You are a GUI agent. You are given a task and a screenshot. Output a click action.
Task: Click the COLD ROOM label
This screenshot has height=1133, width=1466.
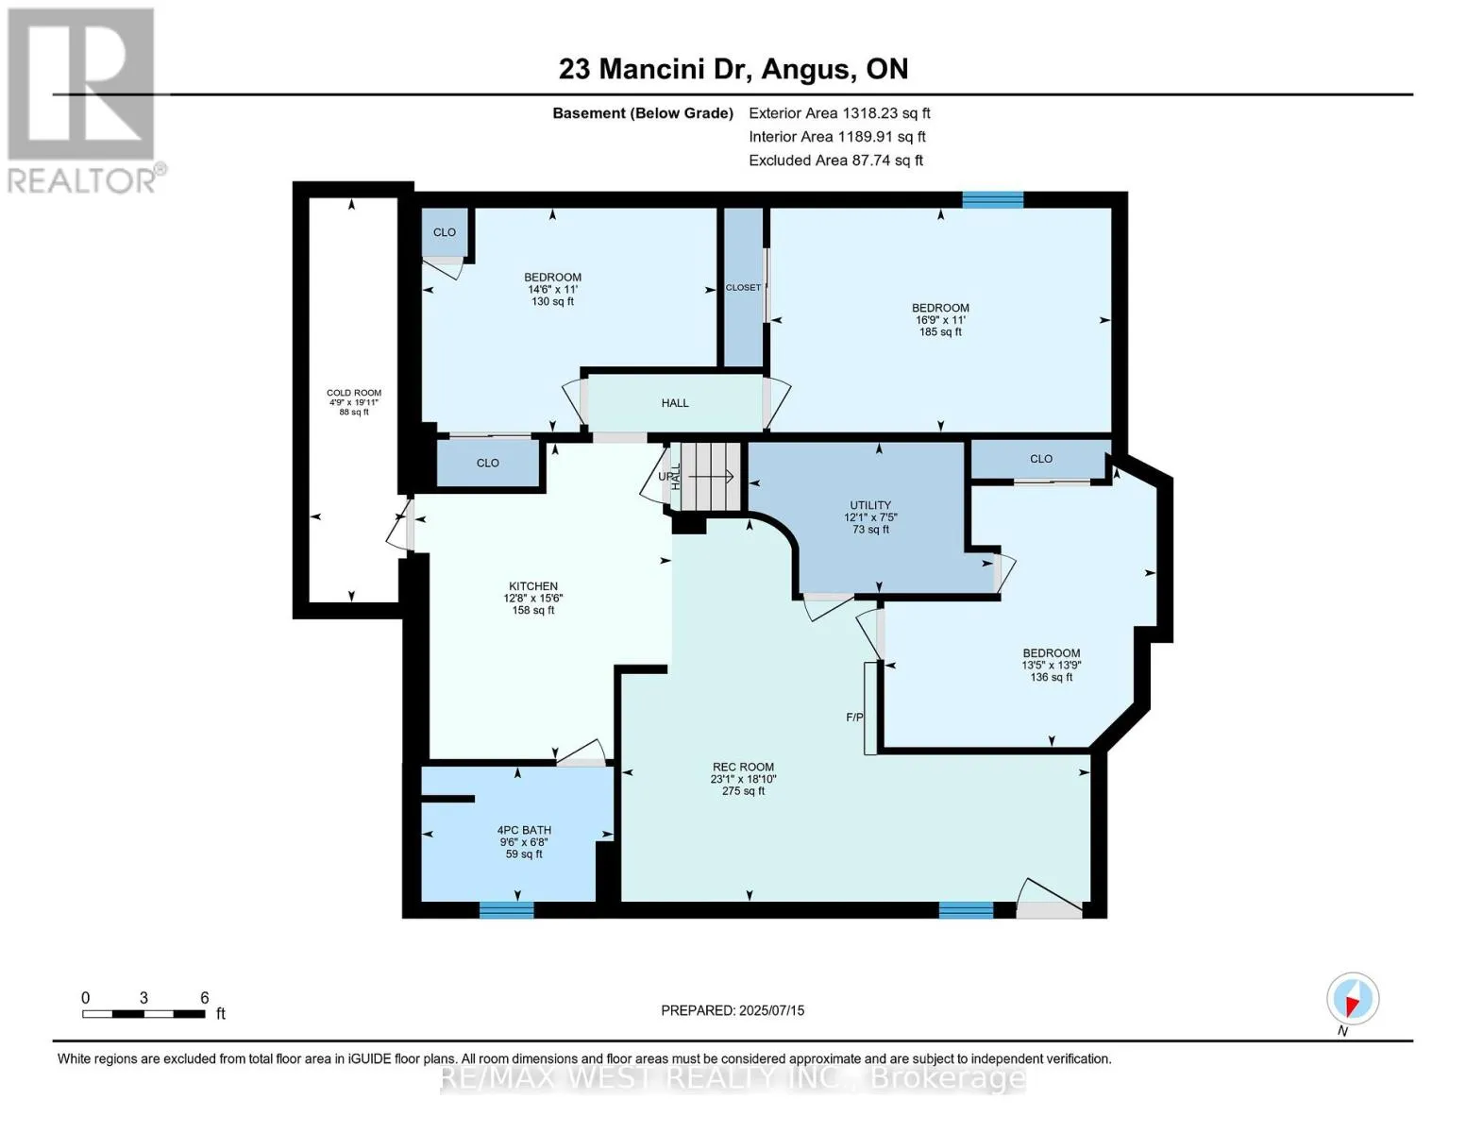pyautogui.click(x=354, y=393)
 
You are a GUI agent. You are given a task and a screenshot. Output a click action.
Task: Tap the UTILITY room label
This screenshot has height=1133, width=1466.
pyautogui.click(x=870, y=505)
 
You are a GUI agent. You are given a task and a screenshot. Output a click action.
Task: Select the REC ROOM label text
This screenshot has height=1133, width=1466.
pyautogui.click(x=743, y=767)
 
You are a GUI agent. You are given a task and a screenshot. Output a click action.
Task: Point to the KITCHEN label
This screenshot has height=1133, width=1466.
pyautogui.click(x=533, y=585)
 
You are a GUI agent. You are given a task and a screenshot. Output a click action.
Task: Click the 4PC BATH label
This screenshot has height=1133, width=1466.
pyautogui.click(x=524, y=830)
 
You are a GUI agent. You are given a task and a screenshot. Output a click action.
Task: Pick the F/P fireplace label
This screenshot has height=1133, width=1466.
pyautogui.click(x=854, y=718)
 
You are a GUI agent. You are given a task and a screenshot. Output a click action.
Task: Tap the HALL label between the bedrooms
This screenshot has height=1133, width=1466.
pyautogui.click(x=675, y=403)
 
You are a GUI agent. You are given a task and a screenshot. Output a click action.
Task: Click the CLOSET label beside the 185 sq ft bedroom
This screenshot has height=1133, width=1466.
pyautogui.click(x=743, y=287)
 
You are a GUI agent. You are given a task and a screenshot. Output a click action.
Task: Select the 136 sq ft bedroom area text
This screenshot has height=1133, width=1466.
pyautogui.click(x=1051, y=677)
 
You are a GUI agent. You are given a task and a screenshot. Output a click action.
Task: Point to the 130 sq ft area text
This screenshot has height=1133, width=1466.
pyautogui.click(x=552, y=301)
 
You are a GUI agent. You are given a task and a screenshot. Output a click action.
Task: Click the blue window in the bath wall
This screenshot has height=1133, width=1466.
pyautogui.click(x=507, y=910)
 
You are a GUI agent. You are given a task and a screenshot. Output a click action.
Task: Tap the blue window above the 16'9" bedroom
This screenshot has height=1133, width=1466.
pyautogui.click(x=992, y=200)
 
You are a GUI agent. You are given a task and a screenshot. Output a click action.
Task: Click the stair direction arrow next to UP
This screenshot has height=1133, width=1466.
pyautogui.click(x=711, y=477)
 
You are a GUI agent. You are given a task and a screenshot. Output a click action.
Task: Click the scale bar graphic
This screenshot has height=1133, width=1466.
pyautogui.click(x=143, y=1013)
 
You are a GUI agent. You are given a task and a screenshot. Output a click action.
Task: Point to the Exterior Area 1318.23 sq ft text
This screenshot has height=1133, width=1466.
pyautogui.click(x=839, y=113)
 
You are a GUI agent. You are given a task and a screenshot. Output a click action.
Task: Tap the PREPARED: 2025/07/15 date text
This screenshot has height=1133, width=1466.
pyautogui.click(x=733, y=1010)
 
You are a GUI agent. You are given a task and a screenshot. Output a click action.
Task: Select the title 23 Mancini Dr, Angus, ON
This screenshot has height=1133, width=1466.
pyautogui.click(x=733, y=69)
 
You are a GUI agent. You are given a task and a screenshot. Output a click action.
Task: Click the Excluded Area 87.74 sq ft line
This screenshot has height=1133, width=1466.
pyautogui.click(x=835, y=161)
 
